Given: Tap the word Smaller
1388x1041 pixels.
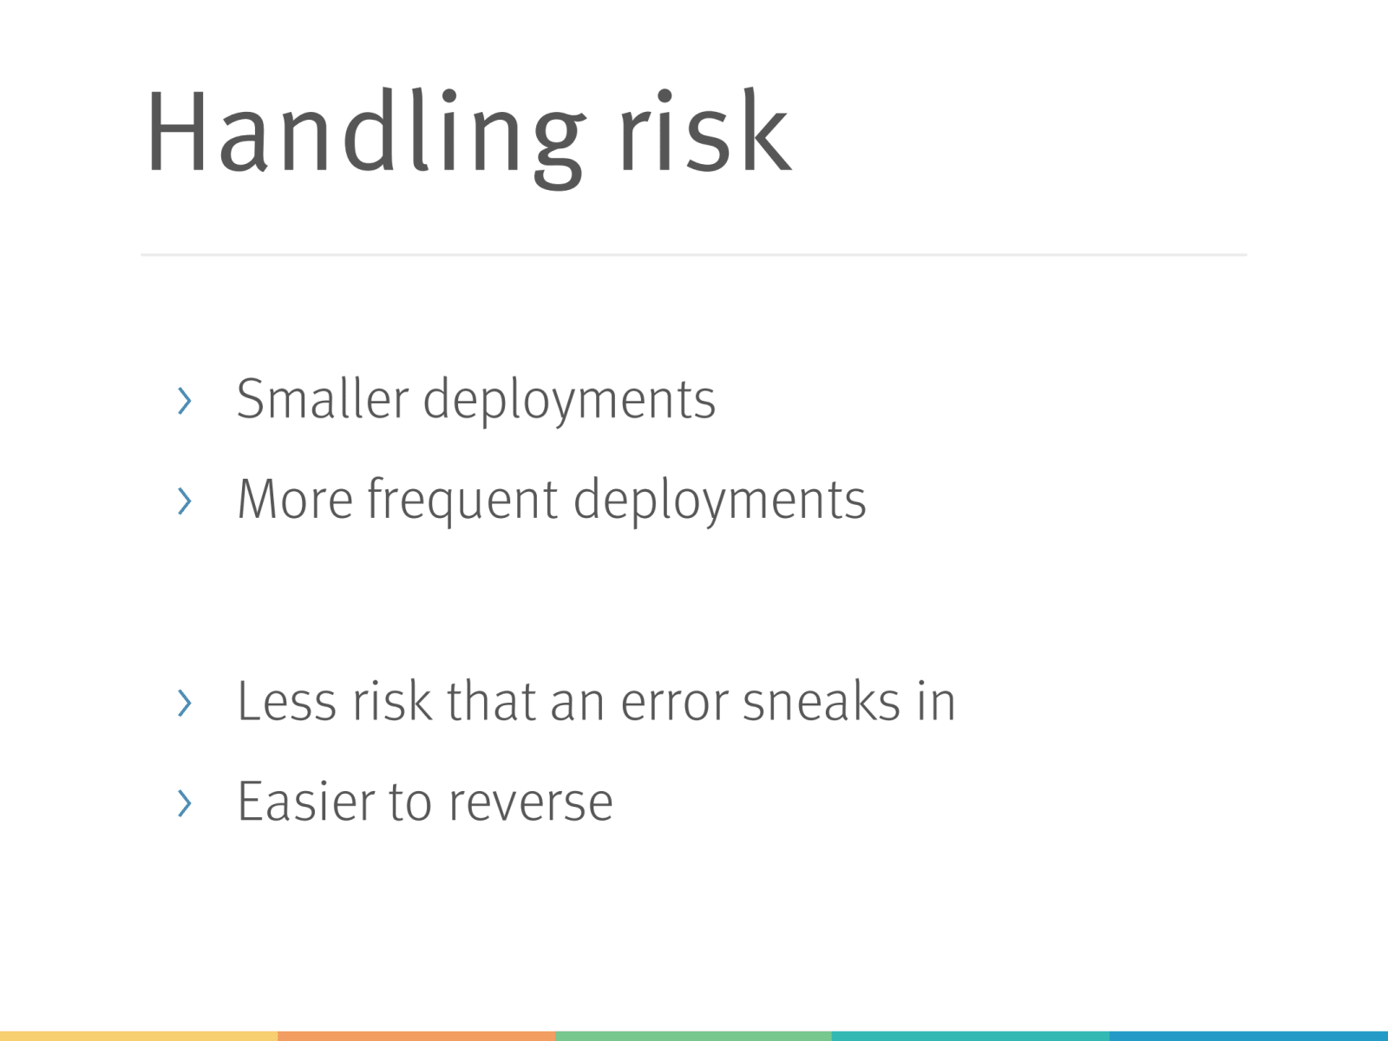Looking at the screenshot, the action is point(323,399).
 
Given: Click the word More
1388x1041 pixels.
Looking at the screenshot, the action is point(295,500).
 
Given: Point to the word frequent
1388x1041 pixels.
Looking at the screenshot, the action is point(462,503).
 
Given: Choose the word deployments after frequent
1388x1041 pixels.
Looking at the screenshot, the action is point(720,503).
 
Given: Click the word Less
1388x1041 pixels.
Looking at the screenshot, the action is point(286,702).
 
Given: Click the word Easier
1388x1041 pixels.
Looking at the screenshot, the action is point(305,801).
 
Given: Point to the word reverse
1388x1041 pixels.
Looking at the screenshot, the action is point(531,805).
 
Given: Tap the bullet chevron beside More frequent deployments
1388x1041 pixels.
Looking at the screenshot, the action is point(185,501).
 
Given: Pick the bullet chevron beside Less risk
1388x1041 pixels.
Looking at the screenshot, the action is point(185,703).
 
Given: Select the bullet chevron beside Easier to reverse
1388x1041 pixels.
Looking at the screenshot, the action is point(185,802).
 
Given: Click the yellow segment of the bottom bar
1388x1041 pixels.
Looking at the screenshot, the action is point(139,1037).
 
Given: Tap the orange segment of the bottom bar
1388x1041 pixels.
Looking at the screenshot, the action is point(416,1037).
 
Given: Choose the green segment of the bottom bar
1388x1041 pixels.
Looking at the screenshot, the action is point(694,1037).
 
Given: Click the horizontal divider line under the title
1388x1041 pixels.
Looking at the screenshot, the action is point(694,255).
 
